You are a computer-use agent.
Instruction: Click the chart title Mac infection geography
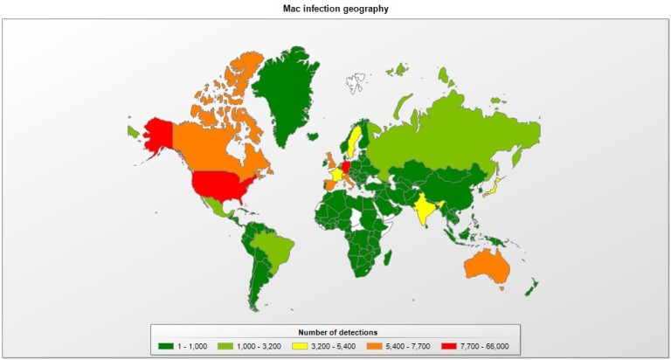click(335, 8)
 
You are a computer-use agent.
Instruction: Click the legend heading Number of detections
click(335, 332)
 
